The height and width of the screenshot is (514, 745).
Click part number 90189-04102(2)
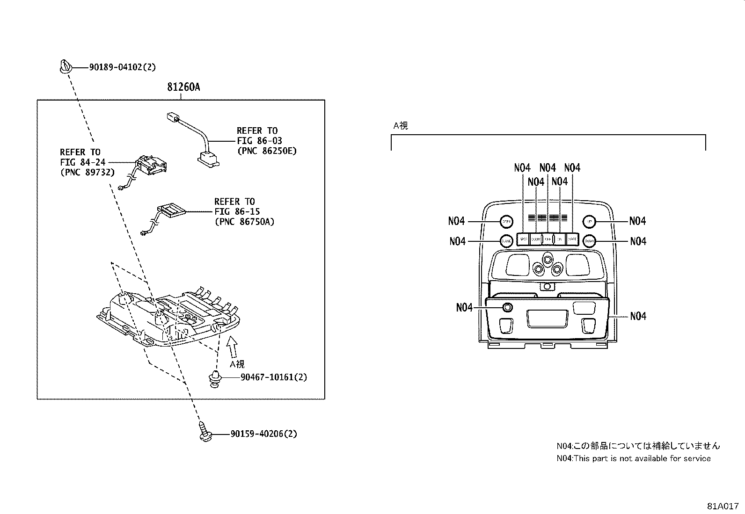(122, 67)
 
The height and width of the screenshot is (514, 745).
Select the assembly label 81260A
(183, 87)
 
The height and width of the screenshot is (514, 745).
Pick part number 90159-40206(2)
(263, 434)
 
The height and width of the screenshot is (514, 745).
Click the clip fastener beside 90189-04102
(66, 66)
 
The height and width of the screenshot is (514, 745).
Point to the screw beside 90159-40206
(205, 432)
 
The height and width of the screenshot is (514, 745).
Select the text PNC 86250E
(267, 151)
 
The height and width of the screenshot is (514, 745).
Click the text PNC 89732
(87, 172)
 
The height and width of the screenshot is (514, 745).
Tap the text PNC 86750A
(244, 222)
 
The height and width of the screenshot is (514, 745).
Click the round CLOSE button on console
(506, 241)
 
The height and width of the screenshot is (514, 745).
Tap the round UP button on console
(589, 221)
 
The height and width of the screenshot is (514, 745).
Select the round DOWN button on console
(589, 241)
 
